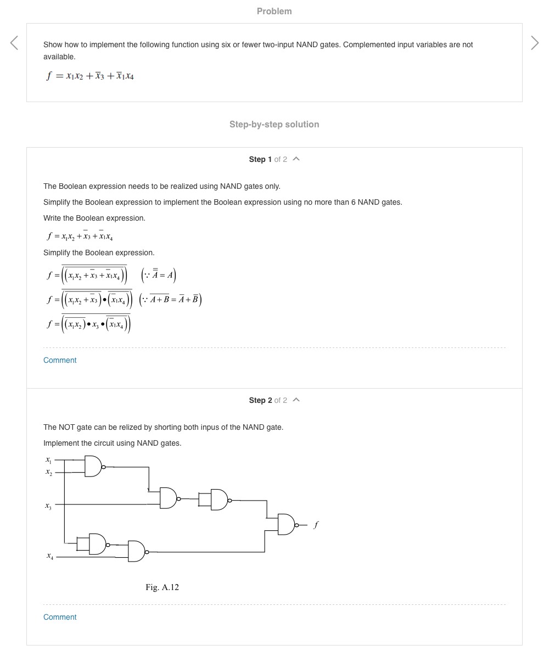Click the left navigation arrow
point(14,43)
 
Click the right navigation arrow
point(535,43)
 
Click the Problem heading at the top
point(274,11)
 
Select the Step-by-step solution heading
point(274,124)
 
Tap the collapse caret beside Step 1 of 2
point(296,159)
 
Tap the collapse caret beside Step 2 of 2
point(296,400)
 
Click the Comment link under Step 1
point(60,360)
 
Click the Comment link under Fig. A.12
point(60,617)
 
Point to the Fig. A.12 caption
point(162,587)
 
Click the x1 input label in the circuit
point(48,459)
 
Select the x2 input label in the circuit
point(48,472)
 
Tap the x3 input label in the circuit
point(48,505)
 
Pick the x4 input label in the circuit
point(50,556)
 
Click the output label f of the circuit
point(316,525)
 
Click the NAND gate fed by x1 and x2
point(93,467)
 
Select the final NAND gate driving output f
point(287,525)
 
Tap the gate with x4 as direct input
point(136,551)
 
